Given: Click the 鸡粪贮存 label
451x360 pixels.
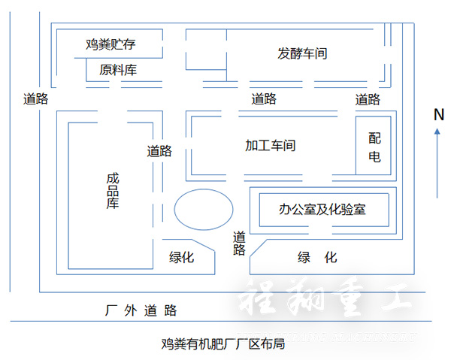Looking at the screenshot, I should [x=111, y=44].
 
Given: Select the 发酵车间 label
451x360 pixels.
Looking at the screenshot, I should [x=302, y=54].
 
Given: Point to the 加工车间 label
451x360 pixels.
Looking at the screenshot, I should [x=270, y=145].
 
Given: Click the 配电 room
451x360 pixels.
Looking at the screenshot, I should [x=374, y=147].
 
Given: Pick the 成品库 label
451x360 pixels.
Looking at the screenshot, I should [x=113, y=191].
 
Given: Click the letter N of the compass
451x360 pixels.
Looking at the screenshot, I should [x=439, y=114].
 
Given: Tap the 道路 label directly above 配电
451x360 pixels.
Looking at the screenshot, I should [x=368, y=99].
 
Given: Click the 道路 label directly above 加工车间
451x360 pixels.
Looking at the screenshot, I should [x=264, y=98].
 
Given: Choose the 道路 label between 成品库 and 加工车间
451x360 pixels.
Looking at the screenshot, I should [x=159, y=150].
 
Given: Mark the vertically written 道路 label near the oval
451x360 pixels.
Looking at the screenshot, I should [x=239, y=243].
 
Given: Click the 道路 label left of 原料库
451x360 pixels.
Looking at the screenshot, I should [x=35, y=98].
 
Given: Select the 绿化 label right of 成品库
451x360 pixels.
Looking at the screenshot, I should [x=182, y=257].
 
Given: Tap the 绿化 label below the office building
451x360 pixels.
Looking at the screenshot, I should [x=317, y=257].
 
